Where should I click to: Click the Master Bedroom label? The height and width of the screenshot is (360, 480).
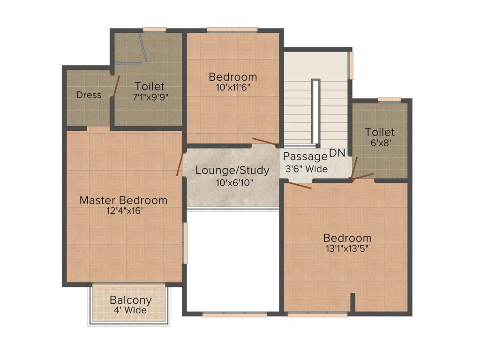tap(123, 200)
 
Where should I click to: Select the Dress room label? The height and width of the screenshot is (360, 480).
tap(89, 95)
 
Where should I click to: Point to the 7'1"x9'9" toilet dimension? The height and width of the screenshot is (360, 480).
tap(150, 97)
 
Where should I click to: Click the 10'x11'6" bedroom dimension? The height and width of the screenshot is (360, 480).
tap(233, 87)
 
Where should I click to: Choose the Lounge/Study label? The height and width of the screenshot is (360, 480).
tap(232, 170)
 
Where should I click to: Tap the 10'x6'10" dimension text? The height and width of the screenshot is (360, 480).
tap(232, 182)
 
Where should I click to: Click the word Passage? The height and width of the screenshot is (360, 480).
tap(305, 157)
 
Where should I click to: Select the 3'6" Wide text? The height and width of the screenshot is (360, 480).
tap(307, 169)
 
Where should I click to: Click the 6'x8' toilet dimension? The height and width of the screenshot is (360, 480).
tap(380, 143)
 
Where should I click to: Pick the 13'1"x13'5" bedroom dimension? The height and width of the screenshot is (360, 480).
tap(347, 249)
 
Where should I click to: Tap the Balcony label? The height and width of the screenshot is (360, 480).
tap(130, 300)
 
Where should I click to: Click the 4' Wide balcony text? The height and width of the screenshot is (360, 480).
tap(130, 310)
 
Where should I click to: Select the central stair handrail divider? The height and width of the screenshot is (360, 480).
tap(316, 112)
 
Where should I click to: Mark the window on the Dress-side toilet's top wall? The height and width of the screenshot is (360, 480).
tap(154, 30)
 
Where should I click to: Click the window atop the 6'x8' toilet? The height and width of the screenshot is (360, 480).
tap(389, 99)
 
